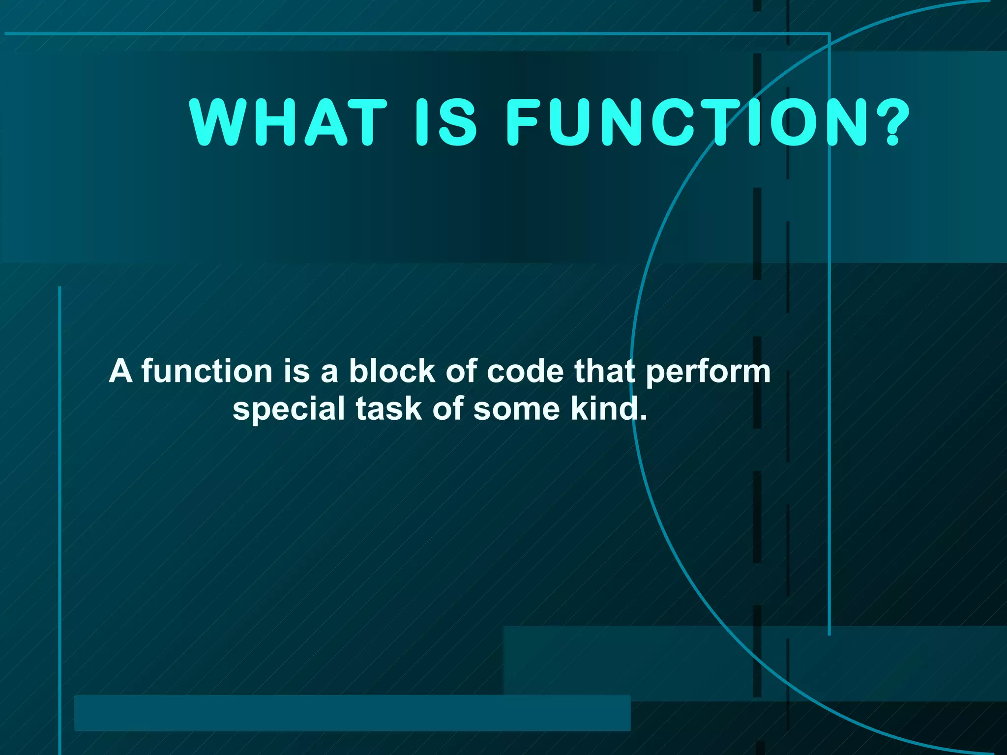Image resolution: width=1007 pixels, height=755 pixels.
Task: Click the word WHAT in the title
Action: pos(288,122)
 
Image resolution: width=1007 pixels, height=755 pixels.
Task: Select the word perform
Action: pos(708,373)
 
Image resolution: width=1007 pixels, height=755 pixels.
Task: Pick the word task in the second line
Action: pos(388,409)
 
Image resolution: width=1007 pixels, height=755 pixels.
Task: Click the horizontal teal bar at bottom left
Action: pos(352,713)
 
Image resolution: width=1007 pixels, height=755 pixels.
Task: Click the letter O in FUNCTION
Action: pos(795,122)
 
